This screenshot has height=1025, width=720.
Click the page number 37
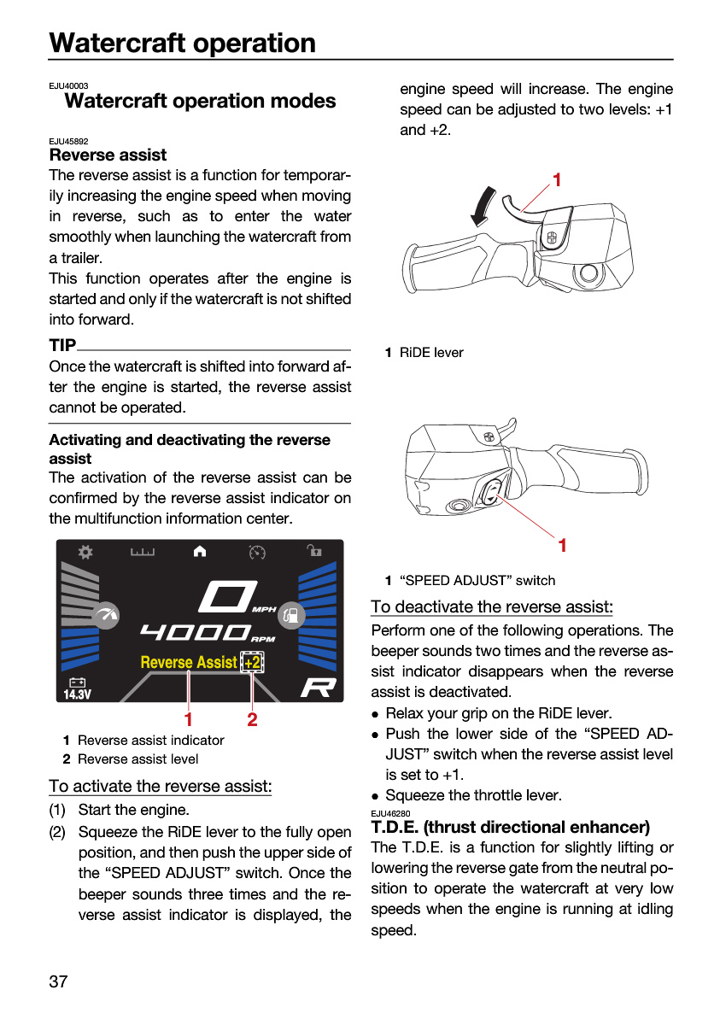[58, 981]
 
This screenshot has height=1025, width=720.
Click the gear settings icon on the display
[85, 552]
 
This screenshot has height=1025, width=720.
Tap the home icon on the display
[200, 552]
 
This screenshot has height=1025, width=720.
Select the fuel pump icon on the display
[291, 614]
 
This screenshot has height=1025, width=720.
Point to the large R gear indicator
[319, 688]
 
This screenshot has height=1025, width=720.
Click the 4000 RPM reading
[195, 632]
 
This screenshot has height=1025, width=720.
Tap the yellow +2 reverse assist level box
[252, 662]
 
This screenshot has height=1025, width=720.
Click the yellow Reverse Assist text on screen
[189, 662]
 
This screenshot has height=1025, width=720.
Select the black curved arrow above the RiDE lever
[483, 206]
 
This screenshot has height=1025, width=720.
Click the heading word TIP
[62, 345]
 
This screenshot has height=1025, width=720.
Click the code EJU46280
[390, 813]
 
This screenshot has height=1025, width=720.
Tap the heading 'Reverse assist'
[108, 155]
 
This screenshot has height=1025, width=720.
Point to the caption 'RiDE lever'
[431, 352]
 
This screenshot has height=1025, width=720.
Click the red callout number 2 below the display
[252, 719]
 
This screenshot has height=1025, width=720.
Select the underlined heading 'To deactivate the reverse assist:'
[492, 606]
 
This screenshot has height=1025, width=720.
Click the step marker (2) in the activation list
[57, 831]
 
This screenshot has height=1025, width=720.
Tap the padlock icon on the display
[313, 550]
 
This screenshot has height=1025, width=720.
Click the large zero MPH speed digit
[228, 596]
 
